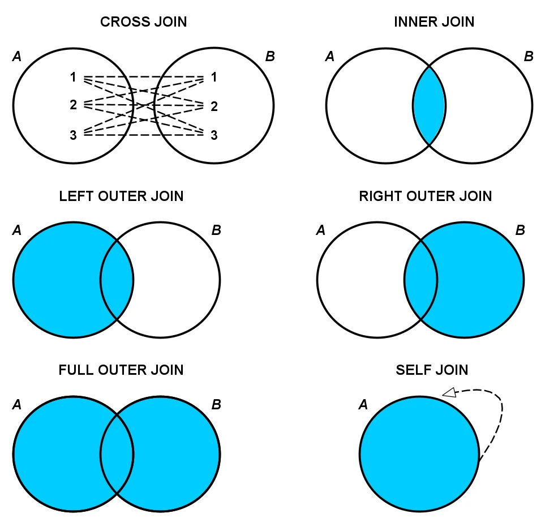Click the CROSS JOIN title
(x=143, y=22)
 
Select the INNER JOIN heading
(x=434, y=22)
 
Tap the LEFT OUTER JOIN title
(x=121, y=196)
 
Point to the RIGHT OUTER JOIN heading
(x=425, y=196)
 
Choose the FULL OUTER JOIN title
(x=121, y=370)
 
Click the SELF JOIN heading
(x=432, y=370)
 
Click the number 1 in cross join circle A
(x=73, y=77)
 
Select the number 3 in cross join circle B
(x=213, y=135)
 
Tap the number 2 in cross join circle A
(x=73, y=105)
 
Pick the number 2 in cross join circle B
(x=213, y=106)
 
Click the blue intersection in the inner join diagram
(x=429, y=106)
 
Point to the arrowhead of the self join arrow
(x=449, y=392)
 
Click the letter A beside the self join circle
(x=364, y=405)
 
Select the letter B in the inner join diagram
(x=528, y=56)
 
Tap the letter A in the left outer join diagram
(x=16, y=230)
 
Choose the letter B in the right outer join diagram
(x=520, y=230)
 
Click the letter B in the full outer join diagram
(x=216, y=405)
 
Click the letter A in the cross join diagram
(x=16, y=56)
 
